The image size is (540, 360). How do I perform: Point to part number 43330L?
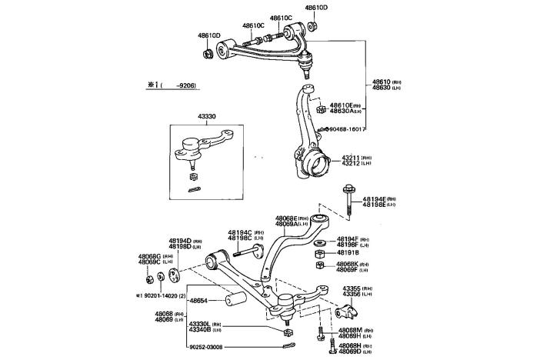200,324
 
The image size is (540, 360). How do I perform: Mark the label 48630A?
345,111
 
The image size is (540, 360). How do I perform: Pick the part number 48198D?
180,247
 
